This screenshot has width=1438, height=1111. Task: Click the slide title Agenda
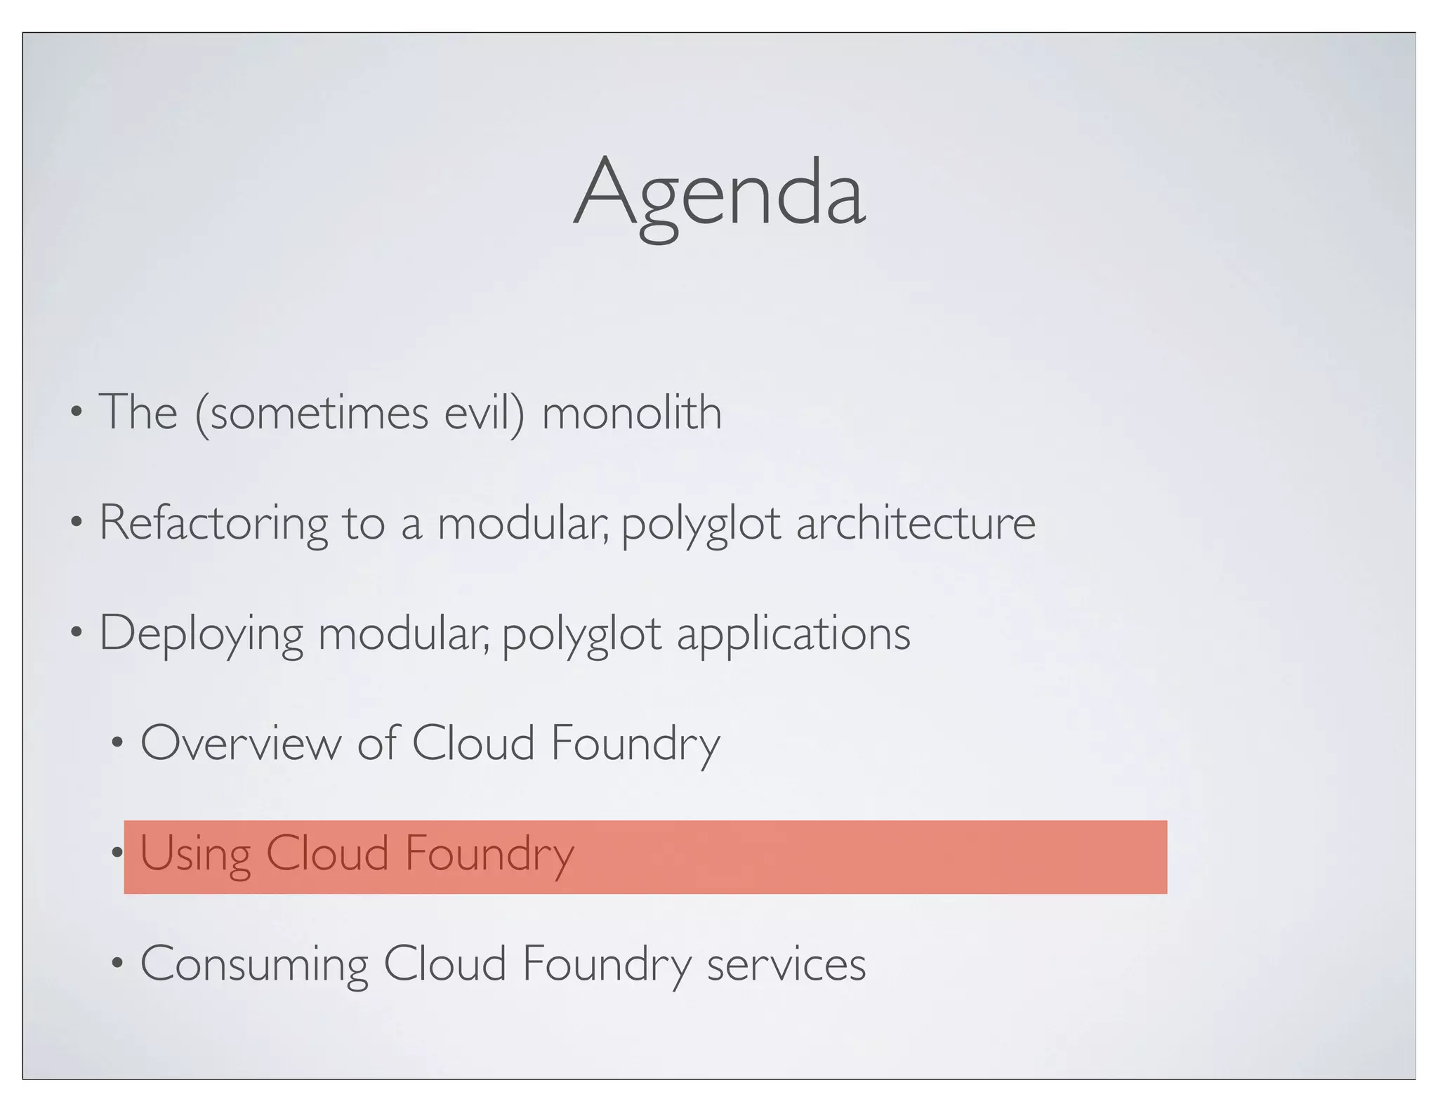tap(719, 193)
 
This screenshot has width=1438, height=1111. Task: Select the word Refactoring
tap(213, 523)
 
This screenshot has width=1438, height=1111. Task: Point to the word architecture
tap(916, 523)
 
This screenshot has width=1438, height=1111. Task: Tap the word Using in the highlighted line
tap(195, 854)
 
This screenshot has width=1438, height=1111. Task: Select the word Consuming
tap(254, 964)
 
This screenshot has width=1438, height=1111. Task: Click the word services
tap(786, 964)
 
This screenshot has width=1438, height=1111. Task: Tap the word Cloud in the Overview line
tap(473, 743)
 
